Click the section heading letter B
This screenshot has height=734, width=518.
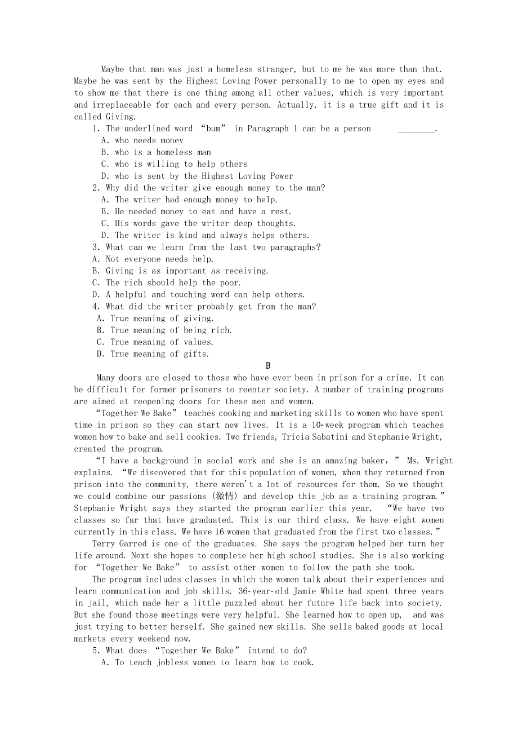(x=268, y=366)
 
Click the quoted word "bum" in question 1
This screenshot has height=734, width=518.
(x=213, y=129)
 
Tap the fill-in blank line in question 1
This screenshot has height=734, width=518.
(x=416, y=129)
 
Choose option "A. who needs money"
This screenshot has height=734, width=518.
(x=142, y=140)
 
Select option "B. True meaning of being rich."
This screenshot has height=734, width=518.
(x=164, y=330)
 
